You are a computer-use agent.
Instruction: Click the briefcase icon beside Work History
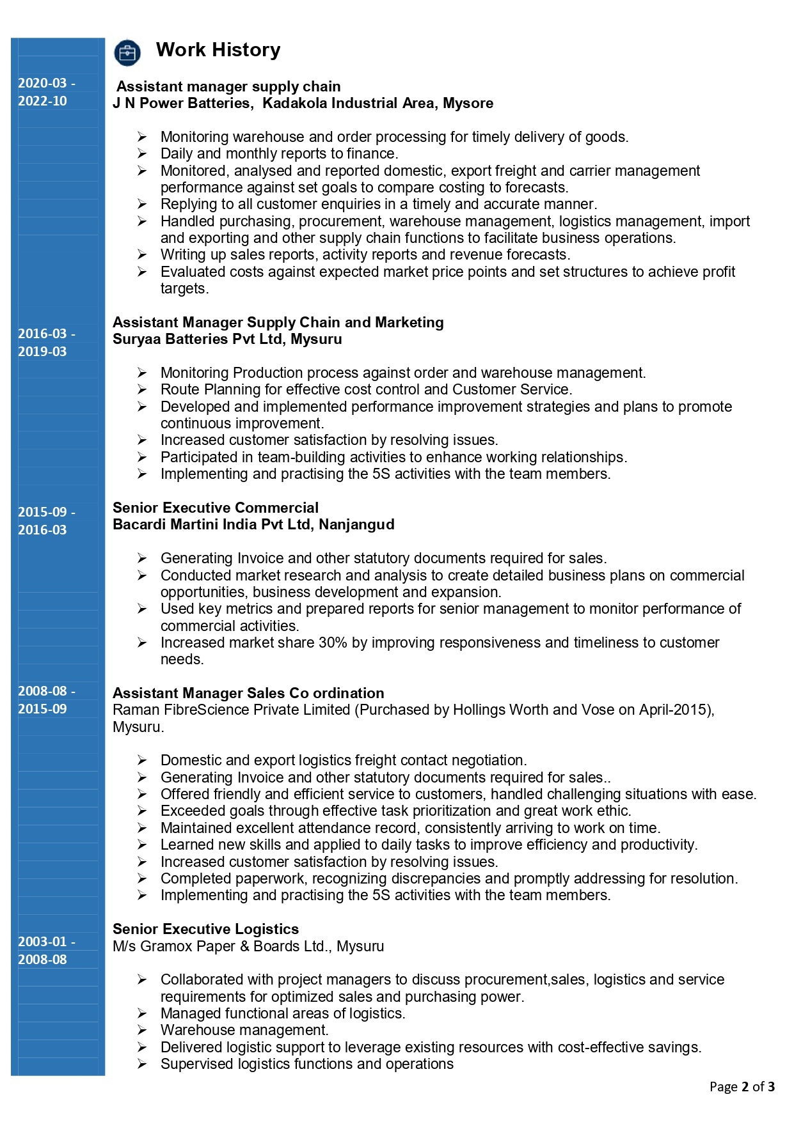tap(127, 52)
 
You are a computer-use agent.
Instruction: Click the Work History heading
tap(218, 50)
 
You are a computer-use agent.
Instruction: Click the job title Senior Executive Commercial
tap(216, 508)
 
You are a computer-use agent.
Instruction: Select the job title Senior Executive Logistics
tap(205, 929)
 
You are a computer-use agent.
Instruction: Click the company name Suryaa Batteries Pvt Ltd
tap(198, 339)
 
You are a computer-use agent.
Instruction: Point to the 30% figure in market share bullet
tap(333, 643)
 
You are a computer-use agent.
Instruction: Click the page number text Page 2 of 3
tap(742, 1087)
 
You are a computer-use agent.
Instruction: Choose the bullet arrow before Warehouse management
tap(142, 1030)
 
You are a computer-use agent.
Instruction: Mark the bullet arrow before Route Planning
tap(142, 389)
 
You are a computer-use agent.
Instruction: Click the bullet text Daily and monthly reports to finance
tap(279, 153)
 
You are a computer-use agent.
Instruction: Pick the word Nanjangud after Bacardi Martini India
tap(356, 524)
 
